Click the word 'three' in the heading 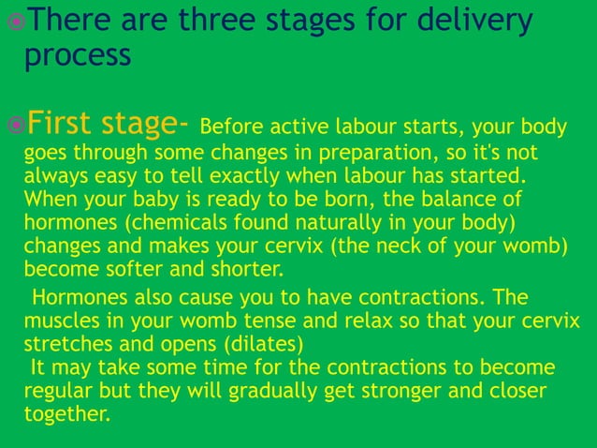click(x=226, y=21)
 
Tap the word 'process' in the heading click(x=77, y=55)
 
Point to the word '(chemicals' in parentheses click(x=166, y=224)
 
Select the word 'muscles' click(x=59, y=321)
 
